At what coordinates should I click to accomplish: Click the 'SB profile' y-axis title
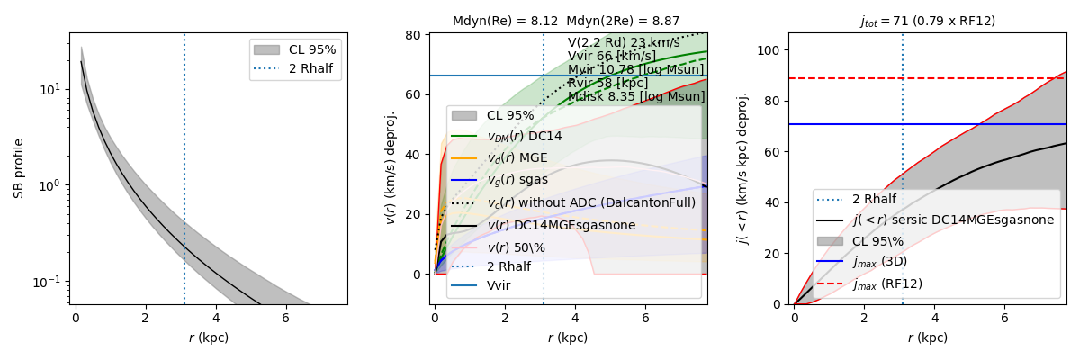click(x=18, y=168)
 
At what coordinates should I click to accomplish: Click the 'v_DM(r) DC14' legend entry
click(x=524, y=136)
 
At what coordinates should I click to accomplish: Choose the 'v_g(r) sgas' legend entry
click(x=519, y=180)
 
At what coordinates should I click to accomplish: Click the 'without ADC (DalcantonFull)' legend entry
click(x=590, y=202)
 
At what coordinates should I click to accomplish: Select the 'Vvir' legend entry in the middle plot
click(x=499, y=285)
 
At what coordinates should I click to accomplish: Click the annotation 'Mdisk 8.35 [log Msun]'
click(x=636, y=96)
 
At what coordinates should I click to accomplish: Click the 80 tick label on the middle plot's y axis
click(x=414, y=36)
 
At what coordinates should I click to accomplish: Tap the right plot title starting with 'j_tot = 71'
click(x=928, y=21)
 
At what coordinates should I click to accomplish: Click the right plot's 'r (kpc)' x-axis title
click(x=928, y=337)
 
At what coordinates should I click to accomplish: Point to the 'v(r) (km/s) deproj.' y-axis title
click(x=391, y=168)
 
